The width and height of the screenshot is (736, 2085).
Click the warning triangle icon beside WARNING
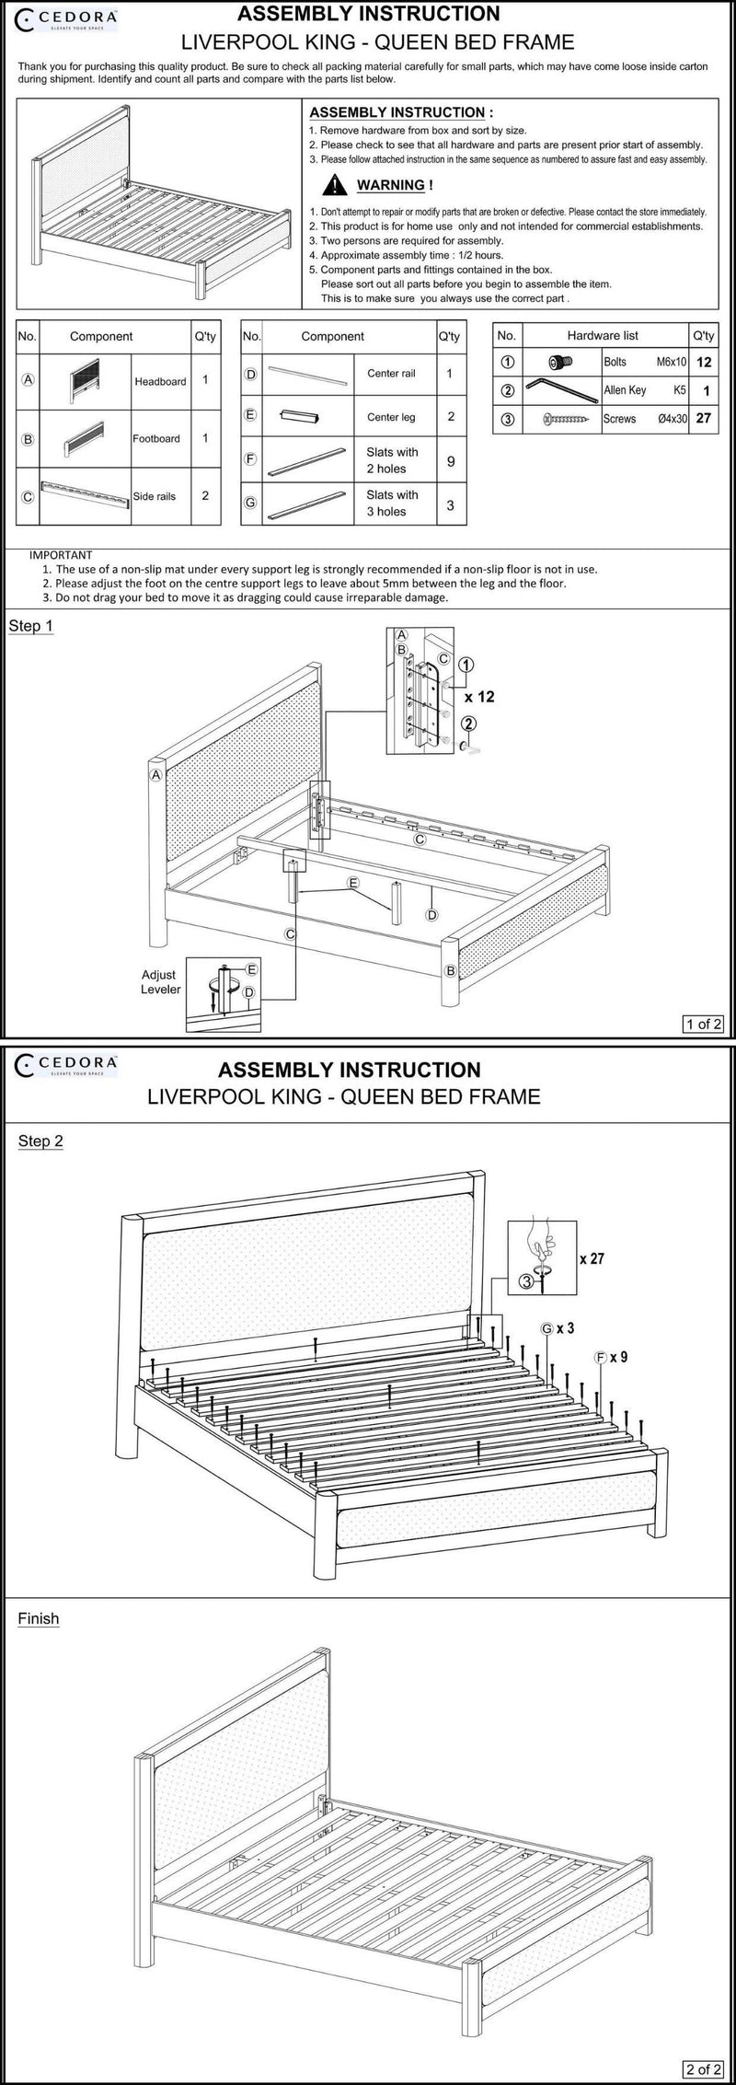pyautogui.click(x=338, y=186)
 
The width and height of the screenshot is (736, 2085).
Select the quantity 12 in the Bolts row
pyautogui.click(x=704, y=363)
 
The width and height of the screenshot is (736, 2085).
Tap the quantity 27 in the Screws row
pyautogui.click(x=704, y=418)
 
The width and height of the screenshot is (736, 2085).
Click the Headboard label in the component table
pyautogui.click(x=160, y=381)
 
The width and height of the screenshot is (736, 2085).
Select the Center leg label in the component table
pyautogui.click(x=391, y=417)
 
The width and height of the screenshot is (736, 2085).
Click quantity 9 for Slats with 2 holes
pyautogui.click(x=450, y=460)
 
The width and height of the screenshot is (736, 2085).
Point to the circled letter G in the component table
pyautogui.click(x=250, y=503)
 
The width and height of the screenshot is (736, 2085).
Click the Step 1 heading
pyautogui.click(x=31, y=627)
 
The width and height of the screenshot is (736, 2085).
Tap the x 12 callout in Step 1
pyautogui.click(x=479, y=697)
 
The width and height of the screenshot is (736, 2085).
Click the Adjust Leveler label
pyautogui.click(x=160, y=982)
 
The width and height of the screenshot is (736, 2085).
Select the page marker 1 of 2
pyautogui.click(x=704, y=1024)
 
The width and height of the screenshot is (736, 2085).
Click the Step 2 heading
pyautogui.click(x=40, y=1141)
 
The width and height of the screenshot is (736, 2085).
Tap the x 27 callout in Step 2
pyautogui.click(x=592, y=1258)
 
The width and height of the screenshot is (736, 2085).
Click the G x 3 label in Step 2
pyautogui.click(x=558, y=1328)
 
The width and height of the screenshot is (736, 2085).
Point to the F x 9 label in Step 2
pyautogui.click(x=611, y=1357)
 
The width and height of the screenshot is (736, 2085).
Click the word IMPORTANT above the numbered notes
pyautogui.click(x=61, y=555)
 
